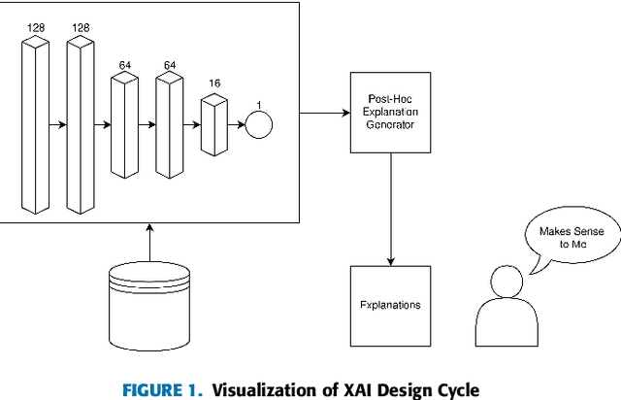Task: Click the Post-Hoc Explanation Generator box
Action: [x=391, y=113]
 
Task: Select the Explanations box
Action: [x=391, y=305]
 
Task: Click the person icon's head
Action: [x=507, y=283]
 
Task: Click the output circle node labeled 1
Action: [x=259, y=125]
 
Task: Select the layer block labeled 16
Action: [x=213, y=124]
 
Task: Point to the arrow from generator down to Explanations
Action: [x=391, y=209]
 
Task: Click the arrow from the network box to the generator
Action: [x=324, y=114]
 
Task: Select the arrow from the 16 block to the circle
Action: [x=236, y=125]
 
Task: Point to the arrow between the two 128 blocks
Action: [x=57, y=125]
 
